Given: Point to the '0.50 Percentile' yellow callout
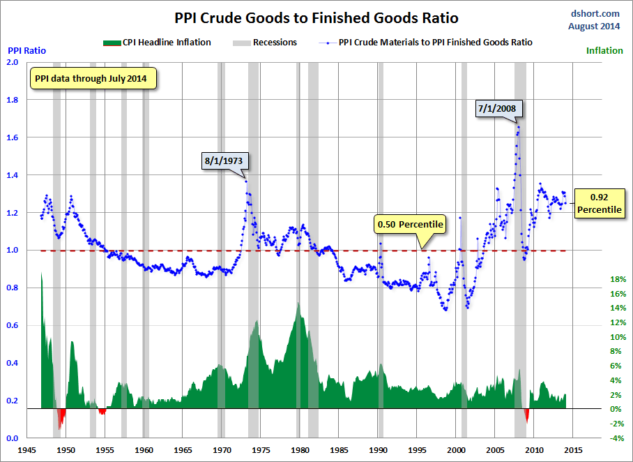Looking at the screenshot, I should pos(410,224).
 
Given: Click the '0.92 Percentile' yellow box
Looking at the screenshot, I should pos(599,202).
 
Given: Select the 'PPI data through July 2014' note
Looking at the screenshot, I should pos(93,78).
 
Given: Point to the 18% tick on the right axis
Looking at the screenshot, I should pos(617,279).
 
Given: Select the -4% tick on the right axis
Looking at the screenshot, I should pos(617,438).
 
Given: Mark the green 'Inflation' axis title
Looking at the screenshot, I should pos(604,50).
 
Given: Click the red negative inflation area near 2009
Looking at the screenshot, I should pos(527,416).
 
